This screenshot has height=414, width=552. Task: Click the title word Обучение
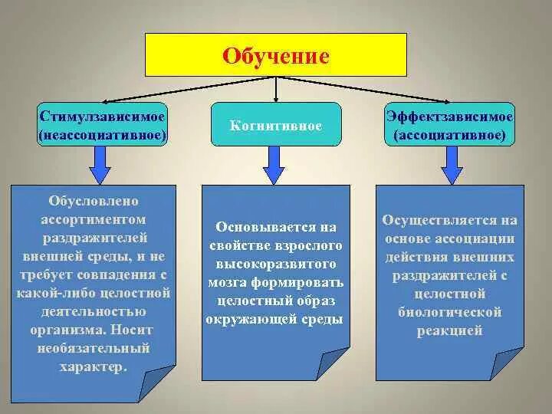point(276,56)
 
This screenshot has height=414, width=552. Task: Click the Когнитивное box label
point(276,124)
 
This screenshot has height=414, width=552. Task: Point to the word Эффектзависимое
point(449,117)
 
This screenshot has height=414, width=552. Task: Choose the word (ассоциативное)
point(449,134)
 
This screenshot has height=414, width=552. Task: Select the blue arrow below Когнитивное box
point(274,163)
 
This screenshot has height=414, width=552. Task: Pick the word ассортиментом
point(94,220)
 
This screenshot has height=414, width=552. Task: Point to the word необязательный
point(94,349)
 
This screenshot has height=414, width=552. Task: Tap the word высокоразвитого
point(275,264)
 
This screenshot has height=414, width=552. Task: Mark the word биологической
point(449,312)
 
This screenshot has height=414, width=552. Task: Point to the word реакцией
point(449,330)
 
